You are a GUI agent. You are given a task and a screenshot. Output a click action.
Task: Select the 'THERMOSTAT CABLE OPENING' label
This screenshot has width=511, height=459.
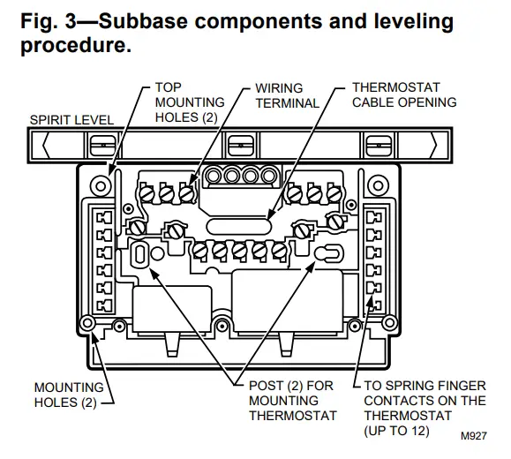pos(403,95)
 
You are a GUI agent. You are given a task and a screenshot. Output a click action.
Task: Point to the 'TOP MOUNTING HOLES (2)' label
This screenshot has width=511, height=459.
pos(189,102)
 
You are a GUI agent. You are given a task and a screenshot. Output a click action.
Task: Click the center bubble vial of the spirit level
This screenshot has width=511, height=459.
pos(236,142)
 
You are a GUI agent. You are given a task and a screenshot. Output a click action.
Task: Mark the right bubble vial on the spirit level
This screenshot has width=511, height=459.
pos(377,142)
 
